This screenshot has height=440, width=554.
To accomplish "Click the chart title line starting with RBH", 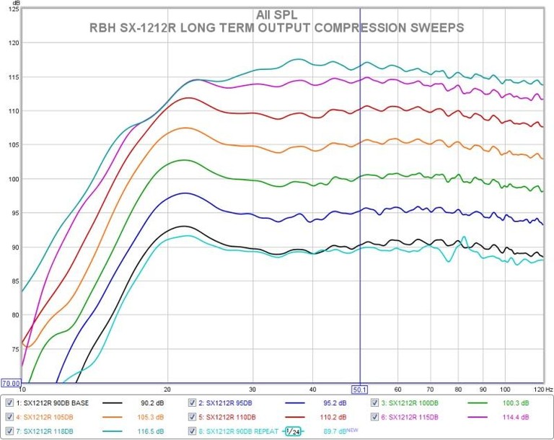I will point(276,27).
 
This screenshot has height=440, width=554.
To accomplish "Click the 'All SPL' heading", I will point(276,14).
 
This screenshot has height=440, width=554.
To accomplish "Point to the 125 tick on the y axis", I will point(12,9).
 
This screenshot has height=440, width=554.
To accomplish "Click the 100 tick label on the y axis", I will point(12,179).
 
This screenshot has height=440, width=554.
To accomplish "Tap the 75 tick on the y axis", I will point(12,348).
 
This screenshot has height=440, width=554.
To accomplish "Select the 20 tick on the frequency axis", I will point(167,388).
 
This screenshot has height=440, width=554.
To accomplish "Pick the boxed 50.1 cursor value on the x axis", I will point(359,388).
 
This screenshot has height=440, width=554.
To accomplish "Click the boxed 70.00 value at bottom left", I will point(11,383).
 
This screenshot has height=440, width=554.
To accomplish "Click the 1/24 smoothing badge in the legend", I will point(292,431).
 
